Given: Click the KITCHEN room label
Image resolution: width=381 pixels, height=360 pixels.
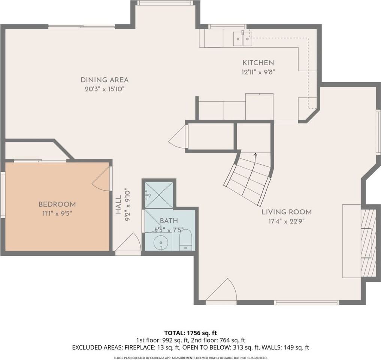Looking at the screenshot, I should click(258, 63).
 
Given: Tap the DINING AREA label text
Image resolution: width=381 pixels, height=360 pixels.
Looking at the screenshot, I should click(105, 80).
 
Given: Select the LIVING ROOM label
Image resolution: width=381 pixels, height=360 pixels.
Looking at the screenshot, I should click(287, 212).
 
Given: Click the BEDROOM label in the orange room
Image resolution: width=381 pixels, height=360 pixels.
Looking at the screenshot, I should click(57, 204).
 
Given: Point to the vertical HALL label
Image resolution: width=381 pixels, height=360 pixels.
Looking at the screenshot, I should click(118, 205).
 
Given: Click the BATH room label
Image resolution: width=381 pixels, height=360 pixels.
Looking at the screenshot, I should click(169, 221).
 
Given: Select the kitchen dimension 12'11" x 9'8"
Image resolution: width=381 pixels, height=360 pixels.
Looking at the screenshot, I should click(258, 72).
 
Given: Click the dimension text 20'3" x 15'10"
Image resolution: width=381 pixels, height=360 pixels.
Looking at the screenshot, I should click(105, 89).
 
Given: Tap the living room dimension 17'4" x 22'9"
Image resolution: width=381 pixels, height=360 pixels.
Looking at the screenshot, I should click(287, 221).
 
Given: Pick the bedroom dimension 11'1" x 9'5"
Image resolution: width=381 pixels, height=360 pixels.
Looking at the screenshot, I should click(57, 214).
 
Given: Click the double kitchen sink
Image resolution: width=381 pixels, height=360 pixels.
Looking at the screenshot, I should click(242, 38).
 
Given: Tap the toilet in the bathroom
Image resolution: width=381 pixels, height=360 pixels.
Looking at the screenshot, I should click(185, 240).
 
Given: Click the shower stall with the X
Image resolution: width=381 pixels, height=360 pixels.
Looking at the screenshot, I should click(159, 195).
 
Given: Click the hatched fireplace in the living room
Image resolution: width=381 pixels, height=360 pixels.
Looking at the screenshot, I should click(368, 243).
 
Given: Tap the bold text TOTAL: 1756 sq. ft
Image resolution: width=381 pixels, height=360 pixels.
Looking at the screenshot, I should click(191, 333).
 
